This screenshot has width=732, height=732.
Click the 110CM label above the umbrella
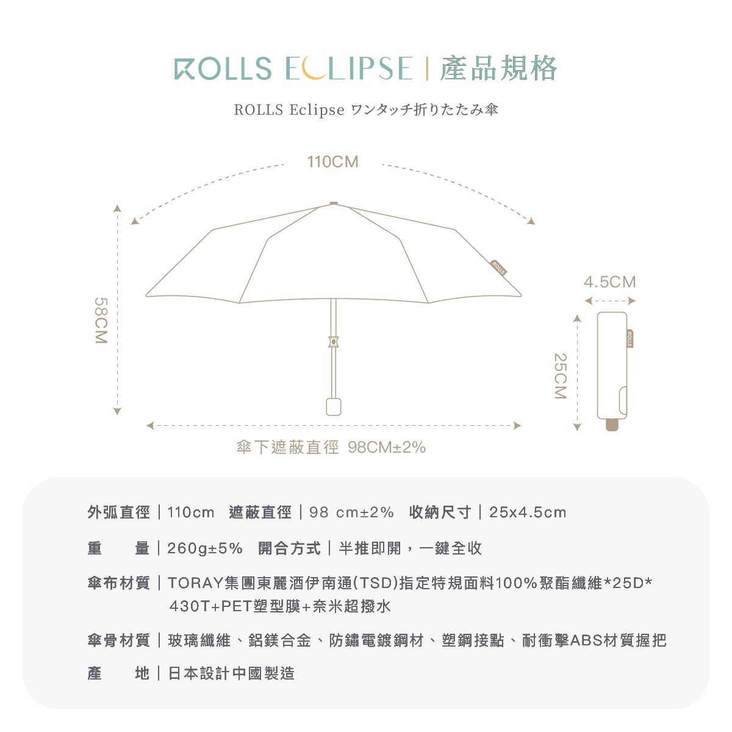pyautogui.click(x=332, y=162)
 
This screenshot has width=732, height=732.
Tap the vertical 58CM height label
pyautogui.click(x=101, y=321)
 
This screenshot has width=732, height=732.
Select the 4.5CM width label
pyautogui.click(x=609, y=282)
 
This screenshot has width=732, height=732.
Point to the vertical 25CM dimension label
pyautogui.click(x=560, y=376)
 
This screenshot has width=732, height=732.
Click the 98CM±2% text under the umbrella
pyautogui.click(x=387, y=448)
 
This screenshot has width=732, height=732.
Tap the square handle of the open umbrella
pyautogui.click(x=333, y=406)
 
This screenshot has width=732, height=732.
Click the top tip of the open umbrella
pyautogui.click(x=333, y=204)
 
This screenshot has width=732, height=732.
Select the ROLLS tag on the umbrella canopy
pyautogui.click(x=499, y=268)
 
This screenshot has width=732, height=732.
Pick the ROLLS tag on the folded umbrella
pyautogui.click(x=630, y=339)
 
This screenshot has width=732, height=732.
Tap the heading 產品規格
pyautogui.click(x=498, y=68)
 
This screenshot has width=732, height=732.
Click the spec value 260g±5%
pyautogui.click(x=205, y=548)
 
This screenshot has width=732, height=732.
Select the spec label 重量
pyautogui.click(x=118, y=548)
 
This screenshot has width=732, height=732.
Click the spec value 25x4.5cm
pyautogui.click(x=528, y=512)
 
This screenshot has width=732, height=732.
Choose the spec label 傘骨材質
pyautogui.click(x=118, y=640)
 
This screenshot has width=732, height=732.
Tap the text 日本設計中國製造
pyautogui.click(x=231, y=673)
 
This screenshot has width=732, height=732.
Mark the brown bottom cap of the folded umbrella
pyautogui.click(x=612, y=425)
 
